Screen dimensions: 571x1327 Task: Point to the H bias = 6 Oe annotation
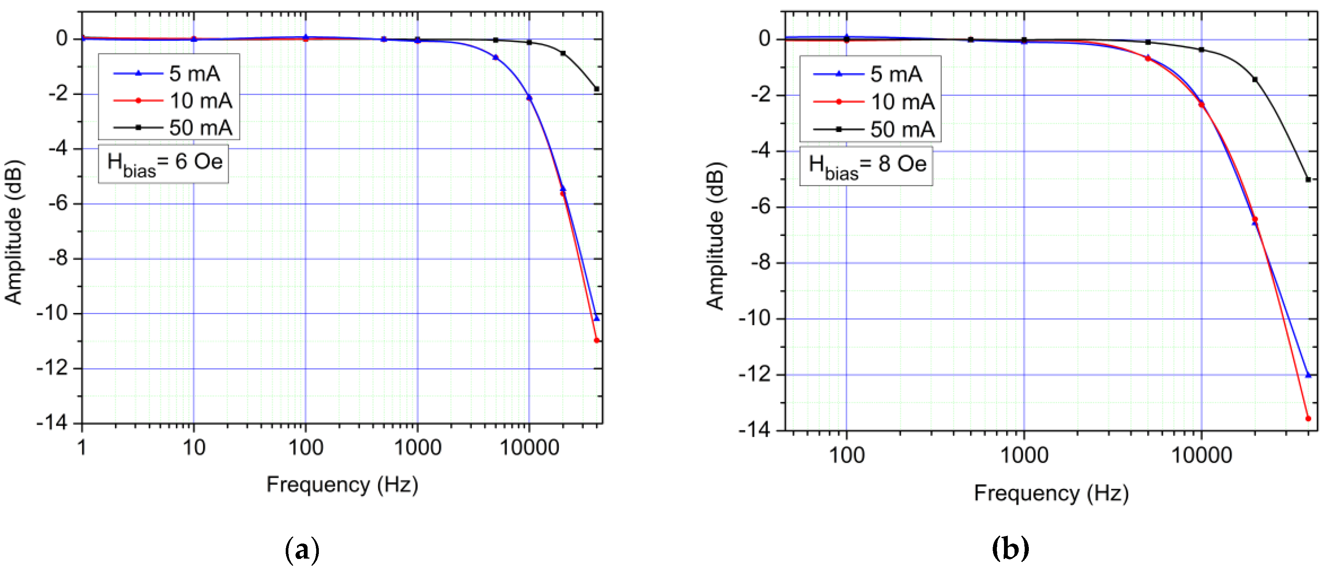[164, 164]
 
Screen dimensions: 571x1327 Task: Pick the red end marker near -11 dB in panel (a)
[597, 340]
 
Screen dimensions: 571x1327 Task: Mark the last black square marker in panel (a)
[597, 89]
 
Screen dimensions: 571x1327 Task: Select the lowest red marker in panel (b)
[1308, 419]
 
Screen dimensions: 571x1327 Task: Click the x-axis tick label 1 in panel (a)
[82, 447]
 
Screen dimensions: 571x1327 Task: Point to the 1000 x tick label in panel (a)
[417, 447]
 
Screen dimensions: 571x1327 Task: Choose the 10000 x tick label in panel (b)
[1201, 455]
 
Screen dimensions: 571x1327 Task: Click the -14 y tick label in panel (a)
[52, 423]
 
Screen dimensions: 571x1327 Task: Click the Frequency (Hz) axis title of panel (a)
[342, 484]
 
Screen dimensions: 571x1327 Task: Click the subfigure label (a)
[302, 550]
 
